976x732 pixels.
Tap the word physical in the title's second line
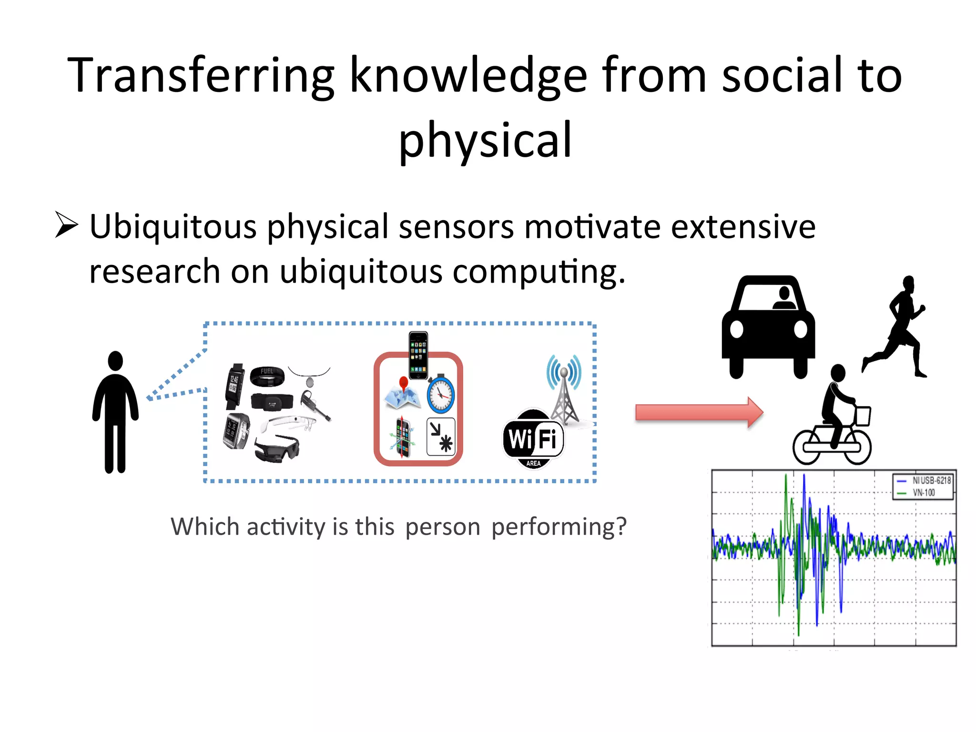click(485, 140)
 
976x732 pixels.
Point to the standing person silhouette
click(115, 412)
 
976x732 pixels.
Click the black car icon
click(768, 327)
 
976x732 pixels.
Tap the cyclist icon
click(833, 417)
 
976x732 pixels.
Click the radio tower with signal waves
click(564, 388)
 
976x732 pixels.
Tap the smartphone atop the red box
click(418, 356)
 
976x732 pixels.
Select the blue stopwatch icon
click(440, 394)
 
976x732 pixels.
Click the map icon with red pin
click(403, 394)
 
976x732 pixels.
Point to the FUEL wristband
click(267, 376)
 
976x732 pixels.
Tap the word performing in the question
click(559, 527)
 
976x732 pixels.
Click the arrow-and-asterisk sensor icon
click(441, 437)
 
